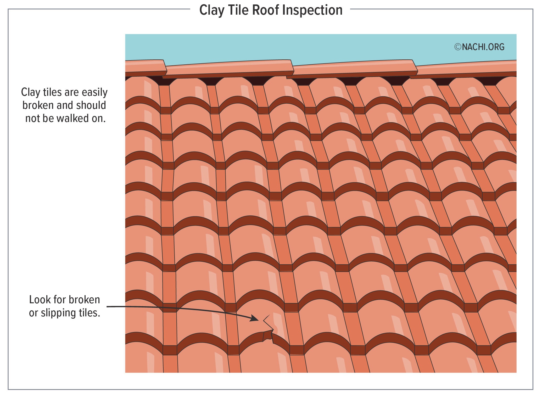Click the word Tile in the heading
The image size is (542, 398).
237,11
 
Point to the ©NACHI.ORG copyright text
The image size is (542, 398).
479,47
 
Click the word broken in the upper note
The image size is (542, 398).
38,105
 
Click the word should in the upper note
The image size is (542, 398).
91,105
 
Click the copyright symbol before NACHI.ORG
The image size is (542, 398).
457,47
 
